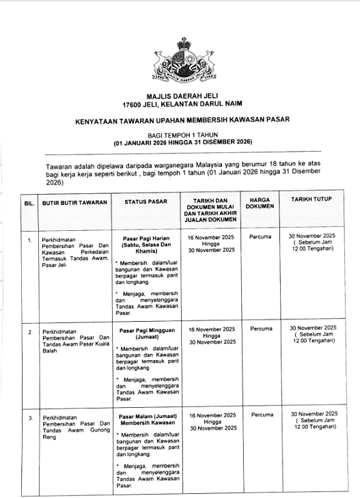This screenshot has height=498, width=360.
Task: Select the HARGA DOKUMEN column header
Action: click(x=260, y=202)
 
